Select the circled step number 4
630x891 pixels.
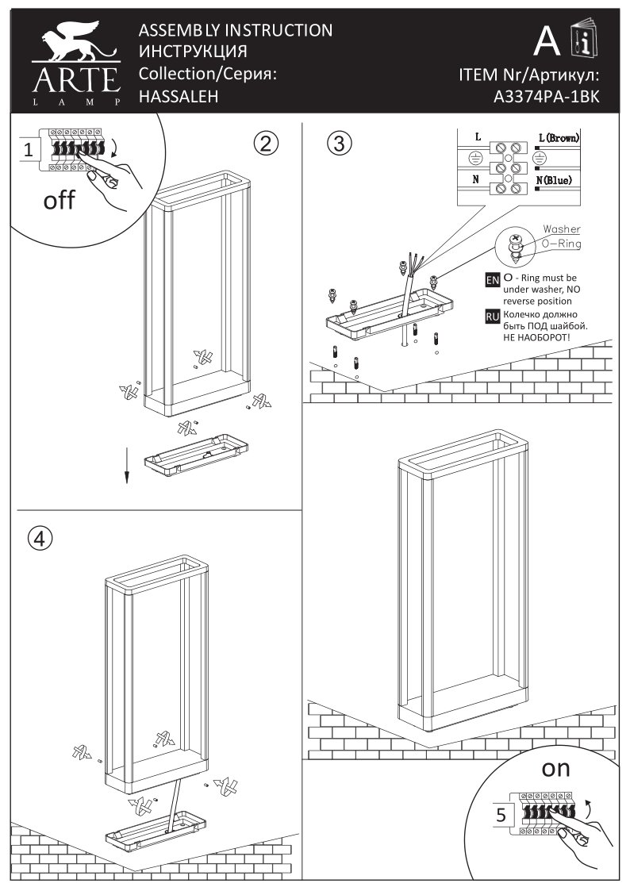pyautogui.click(x=40, y=538)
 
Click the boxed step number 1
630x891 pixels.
pyautogui.click(x=28, y=150)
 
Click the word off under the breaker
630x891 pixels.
pyautogui.click(x=60, y=200)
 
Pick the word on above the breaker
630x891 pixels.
pyautogui.click(x=556, y=768)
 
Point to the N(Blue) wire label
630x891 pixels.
pyautogui.click(x=555, y=181)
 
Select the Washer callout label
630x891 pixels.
pyautogui.click(x=561, y=229)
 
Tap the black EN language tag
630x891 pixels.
pyautogui.click(x=492, y=280)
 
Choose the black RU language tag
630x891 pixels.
pyautogui.click(x=492, y=317)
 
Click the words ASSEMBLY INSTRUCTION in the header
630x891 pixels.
pyautogui.click(x=236, y=31)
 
